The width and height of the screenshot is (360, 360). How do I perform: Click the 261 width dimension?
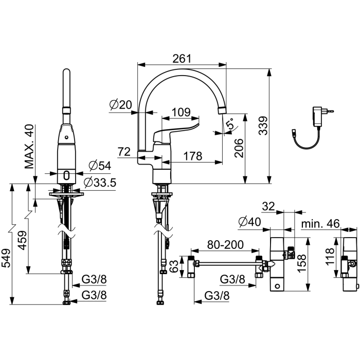click(x=182, y=59)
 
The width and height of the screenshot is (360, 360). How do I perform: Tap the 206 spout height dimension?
click(x=239, y=148)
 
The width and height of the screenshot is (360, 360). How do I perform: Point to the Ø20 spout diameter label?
click(x=121, y=105)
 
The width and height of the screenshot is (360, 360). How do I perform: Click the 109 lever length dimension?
click(x=181, y=112)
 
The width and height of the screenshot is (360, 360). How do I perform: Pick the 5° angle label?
click(x=230, y=124)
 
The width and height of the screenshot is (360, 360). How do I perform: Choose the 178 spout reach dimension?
click(x=193, y=156)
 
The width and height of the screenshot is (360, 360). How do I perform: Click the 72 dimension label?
click(x=124, y=152)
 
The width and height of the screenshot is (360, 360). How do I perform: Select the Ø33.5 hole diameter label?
click(x=100, y=183)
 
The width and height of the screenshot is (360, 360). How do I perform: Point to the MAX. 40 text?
click(x=29, y=147)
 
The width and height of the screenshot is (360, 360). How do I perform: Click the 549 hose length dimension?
click(x=6, y=258)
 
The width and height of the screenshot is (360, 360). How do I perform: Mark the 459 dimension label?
click(x=23, y=240)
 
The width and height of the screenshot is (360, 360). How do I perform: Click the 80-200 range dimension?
click(x=225, y=245)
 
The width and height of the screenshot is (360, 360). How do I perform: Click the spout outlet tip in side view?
click(x=222, y=111)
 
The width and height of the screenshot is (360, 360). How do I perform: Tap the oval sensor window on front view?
click(x=66, y=175)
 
